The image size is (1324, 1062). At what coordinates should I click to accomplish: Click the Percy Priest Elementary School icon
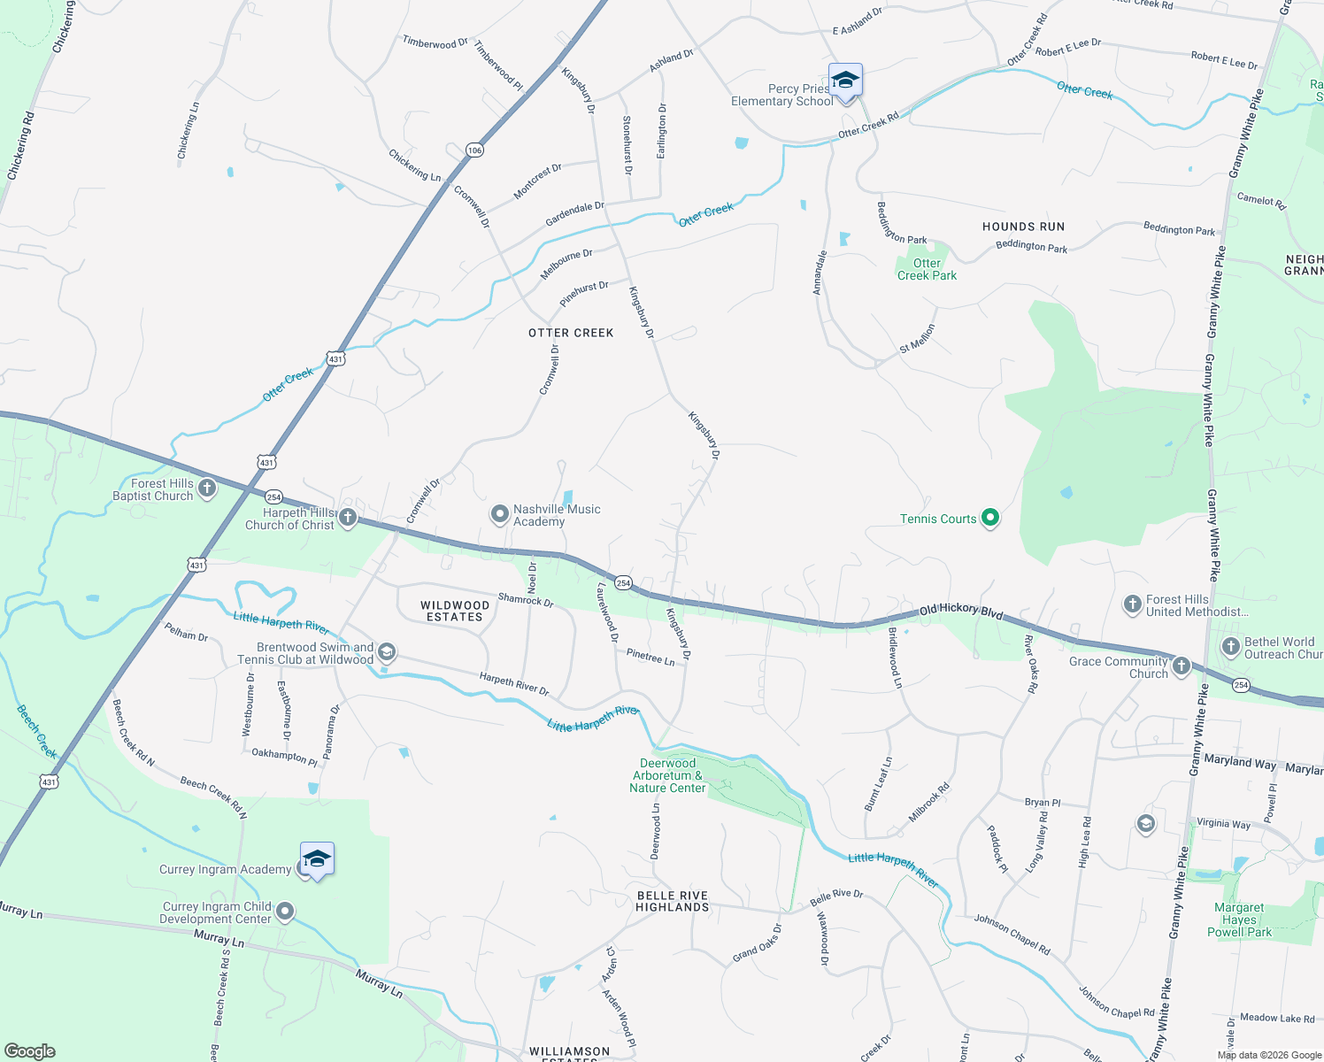pyautogui.click(x=845, y=81)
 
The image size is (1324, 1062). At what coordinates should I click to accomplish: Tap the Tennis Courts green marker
pyautogui.click(x=990, y=519)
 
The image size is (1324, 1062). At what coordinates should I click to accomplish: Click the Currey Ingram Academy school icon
pyautogui.click(x=317, y=859)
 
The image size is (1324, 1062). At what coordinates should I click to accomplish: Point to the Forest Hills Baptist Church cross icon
pyautogui.click(x=207, y=489)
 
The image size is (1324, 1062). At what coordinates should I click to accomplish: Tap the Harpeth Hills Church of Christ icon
pyautogui.click(x=348, y=518)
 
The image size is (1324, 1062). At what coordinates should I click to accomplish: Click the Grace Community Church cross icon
pyautogui.click(x=1182, y=666)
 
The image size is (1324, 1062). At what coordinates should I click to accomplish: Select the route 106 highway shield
pyautogui.click(x=475, y=150)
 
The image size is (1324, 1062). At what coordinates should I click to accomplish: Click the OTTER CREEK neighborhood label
pyautogui.click(x=571, y=333)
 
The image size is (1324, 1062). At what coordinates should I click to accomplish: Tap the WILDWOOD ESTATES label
pyautogui.click(x=454, y=612)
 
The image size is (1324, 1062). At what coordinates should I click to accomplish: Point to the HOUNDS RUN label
pyautogui.click(x=1023, y=227)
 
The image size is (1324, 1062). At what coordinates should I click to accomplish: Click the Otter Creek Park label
pyautogui.click(x=927, y=269)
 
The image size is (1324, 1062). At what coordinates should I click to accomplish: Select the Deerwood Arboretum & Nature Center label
pyautogui.click(x=667, y=775)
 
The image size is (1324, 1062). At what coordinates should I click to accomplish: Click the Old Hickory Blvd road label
pyautogui.click(x=961, y=611)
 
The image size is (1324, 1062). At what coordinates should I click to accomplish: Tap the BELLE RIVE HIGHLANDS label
pyautogui.click(x=673, y=901)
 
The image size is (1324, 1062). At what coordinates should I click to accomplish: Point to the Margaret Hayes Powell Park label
pyautogui.click(x=1239, y=920)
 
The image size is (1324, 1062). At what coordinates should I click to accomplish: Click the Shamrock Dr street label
pyautogui.click(x=526, y=600)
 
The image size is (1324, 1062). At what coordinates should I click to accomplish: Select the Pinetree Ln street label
pyautogui.click(x=650, y=657)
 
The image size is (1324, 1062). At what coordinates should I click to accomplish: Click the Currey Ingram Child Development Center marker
pyautogui.click(x=285, y=912)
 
